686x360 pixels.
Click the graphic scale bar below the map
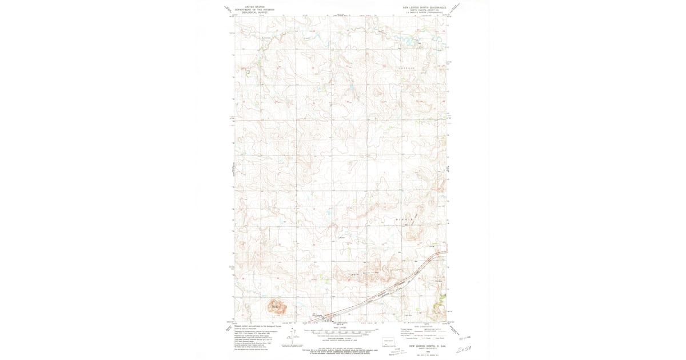[341, 331]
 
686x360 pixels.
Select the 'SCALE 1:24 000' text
[341, 327]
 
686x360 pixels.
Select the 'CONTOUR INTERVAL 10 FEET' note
[341, 338]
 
